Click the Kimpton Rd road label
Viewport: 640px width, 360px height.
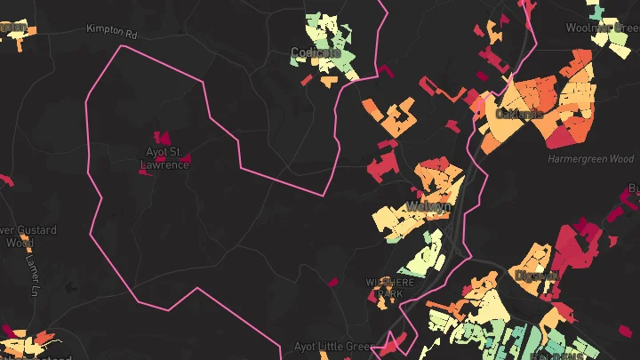[x=113, y=30]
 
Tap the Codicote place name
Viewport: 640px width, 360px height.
[x=316, y=53]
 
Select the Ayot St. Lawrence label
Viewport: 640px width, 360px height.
[x=165, y=158]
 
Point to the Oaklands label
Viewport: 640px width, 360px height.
[x=519, y=114]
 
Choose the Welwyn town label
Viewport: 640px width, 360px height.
[x=428, y=206]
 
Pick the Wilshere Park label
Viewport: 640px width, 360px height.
[x=391, y=287]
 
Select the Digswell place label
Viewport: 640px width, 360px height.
[x=536, y=276]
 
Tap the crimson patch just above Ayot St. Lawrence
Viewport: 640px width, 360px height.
[x=163, y=138]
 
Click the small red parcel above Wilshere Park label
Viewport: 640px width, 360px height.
[x=333, y=283]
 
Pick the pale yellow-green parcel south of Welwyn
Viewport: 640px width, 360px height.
[x=424, y=257]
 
